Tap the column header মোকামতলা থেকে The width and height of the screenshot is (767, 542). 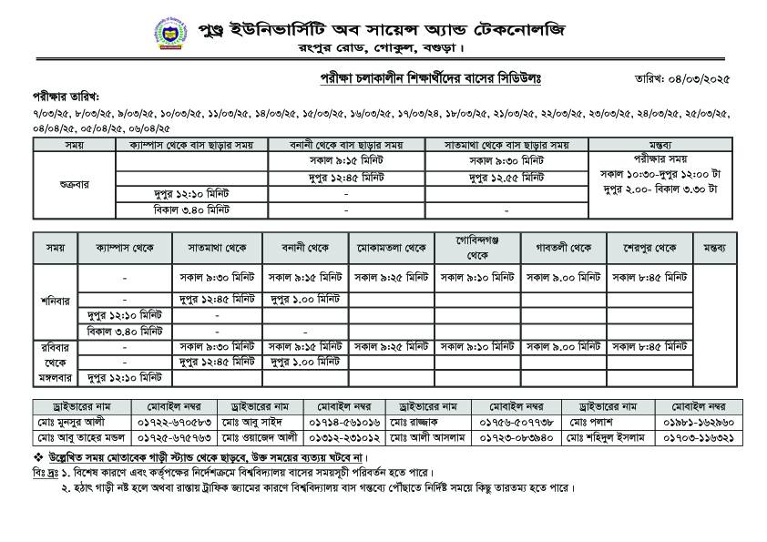(393, 248)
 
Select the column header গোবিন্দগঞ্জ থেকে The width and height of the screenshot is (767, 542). (478, 248)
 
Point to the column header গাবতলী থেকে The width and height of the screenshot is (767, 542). (565, 248)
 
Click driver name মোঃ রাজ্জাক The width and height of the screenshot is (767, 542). (413, 422)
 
